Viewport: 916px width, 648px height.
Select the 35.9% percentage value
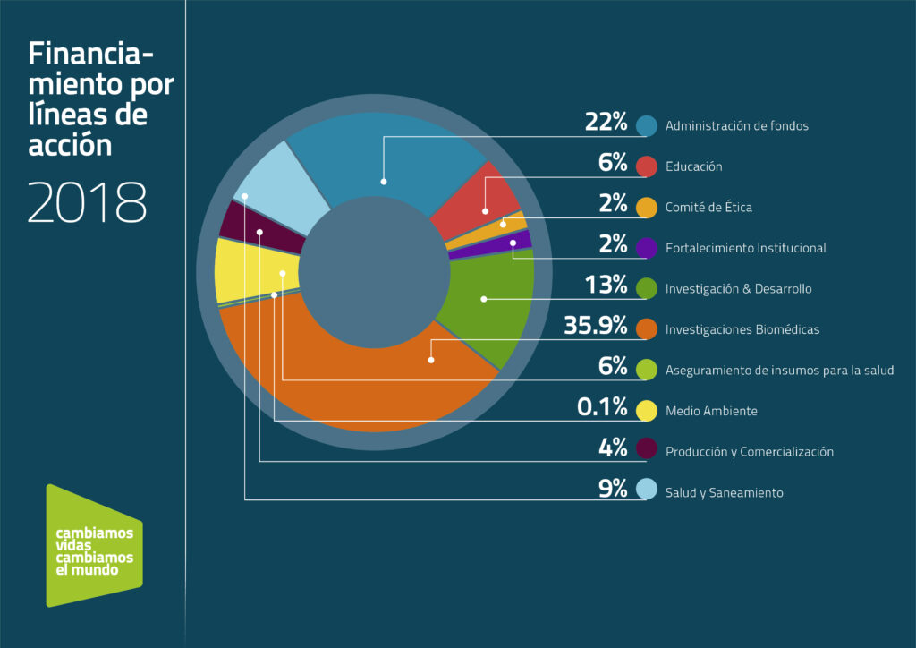596,327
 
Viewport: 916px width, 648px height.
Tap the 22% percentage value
606,123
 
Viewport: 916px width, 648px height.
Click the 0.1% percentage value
602,409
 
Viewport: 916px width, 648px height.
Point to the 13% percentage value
606,286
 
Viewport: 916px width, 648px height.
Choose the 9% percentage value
613,490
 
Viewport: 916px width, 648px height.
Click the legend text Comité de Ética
708,208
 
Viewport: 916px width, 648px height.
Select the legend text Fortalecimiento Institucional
745,248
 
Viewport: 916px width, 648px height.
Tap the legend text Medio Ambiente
711,412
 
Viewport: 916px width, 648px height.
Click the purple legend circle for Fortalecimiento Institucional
648,248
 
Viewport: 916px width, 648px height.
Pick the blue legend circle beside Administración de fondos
648,125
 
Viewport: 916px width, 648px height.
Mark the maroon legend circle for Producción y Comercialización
648,452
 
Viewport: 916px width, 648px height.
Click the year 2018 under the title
87,203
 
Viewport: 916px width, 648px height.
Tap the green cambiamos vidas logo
93,545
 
